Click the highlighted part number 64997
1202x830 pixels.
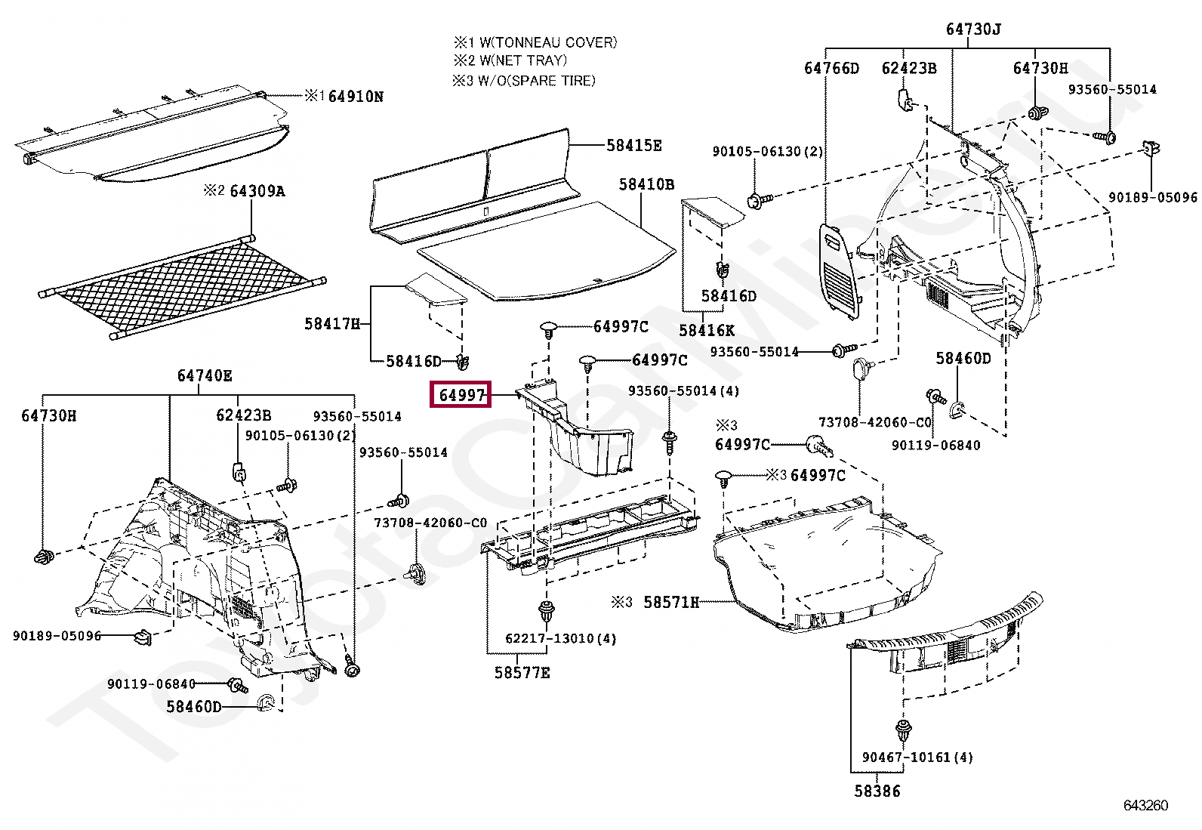point(461,394)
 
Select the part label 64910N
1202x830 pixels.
point(355,96)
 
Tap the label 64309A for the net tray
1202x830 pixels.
point(257,191)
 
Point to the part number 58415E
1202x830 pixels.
point(633,145)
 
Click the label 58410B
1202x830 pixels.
point(646,184)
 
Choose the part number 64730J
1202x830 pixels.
point(972,29)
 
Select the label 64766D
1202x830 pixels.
point(831,68)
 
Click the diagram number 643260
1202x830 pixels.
point(1145,805)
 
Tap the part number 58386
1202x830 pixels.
point(877,791)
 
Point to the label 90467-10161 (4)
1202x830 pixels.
point(917,757)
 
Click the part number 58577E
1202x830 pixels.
point(522,672)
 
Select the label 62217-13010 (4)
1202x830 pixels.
point(560,638)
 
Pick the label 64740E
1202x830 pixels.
point(205,375)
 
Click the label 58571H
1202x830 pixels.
point(670,602)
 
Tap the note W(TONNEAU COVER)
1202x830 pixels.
point(547,42)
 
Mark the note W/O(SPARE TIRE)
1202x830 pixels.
point(535,80)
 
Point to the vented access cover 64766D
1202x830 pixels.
point(840,268)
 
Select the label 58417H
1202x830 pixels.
point(332,323)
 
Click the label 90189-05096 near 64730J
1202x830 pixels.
point(1152,197)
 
